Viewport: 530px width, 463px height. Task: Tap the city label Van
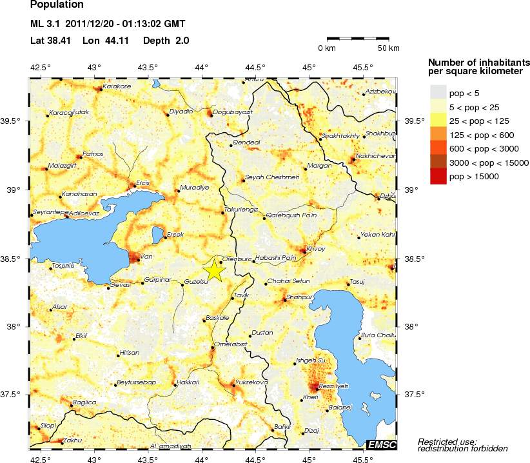click(x=146, y=257)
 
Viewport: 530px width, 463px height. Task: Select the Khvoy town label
click(x=316, y=248)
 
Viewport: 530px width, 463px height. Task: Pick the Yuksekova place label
click(x=252, y=382)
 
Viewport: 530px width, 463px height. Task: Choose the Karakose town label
click(x=117, y=86)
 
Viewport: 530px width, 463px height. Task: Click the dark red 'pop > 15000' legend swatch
click(x=438, y=175)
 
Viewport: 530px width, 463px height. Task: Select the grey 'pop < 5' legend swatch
click(x=438, y=94)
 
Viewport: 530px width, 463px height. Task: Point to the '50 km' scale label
click(x=388, y=48)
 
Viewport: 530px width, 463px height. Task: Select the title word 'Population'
click(x=57, y=6)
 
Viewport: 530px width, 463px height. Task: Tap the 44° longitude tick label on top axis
click(x=202, y=68)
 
